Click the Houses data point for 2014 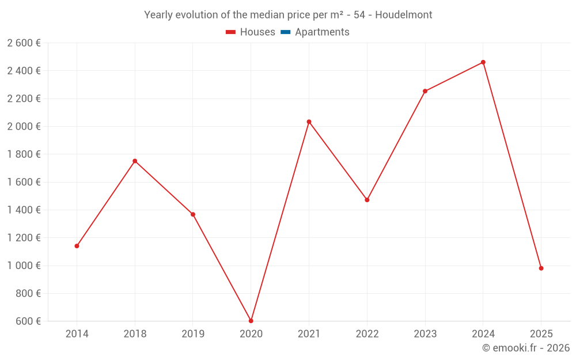(x=77, y=246)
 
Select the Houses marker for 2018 (x=135, y=161)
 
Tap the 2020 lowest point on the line (x=251, y=321)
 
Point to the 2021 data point (x=309, y=122)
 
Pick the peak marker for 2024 (x=483, y=62)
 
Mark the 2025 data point (x=541, y=268)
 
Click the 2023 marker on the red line (x=425, y=91)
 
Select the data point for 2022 (x=367, y=200)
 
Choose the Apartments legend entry (x=322, y=32)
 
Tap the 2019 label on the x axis (x=193, y=334)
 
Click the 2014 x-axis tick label (x=77, y=334)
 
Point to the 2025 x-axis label (x=541, y=334)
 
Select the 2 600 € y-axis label (x=24, y=43)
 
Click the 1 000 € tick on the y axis (x=24, y=266)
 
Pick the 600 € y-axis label (x=27, y=321)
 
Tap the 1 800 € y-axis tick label (x=24, y=154)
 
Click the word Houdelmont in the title (x=403, y=15)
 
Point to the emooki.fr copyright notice (x=526, y=348)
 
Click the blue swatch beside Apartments (x=285, y=32)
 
